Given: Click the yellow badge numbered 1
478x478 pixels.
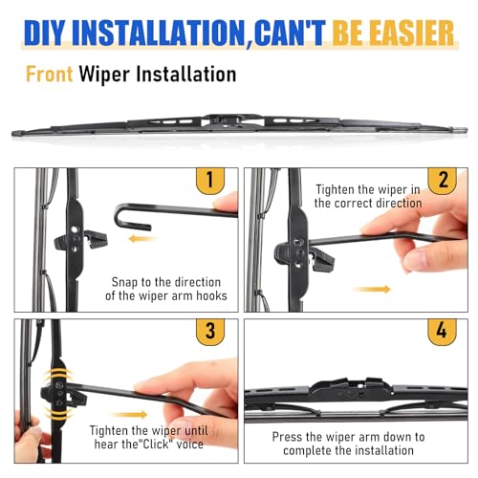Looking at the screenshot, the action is click(210, 181).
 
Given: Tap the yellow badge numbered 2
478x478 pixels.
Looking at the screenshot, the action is click(442, 181).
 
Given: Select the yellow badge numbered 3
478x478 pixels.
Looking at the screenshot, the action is click(210, 332).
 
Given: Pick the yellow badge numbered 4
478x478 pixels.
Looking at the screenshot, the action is click(442, 332).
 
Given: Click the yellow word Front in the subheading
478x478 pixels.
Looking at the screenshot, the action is click(49, 74).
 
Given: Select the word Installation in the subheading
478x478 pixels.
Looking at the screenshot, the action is click(186, 74).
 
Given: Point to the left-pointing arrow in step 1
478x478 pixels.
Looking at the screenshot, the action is click(142, 238).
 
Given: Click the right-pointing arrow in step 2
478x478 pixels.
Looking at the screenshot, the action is click(372, 289).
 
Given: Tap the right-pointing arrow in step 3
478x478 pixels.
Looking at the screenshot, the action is click(129, 415).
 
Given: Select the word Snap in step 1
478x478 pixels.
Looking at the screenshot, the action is click(125, 282).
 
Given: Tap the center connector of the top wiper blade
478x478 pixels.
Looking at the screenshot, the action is click(232, 121).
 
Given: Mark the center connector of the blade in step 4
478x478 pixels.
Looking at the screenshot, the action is click(351, 389).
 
